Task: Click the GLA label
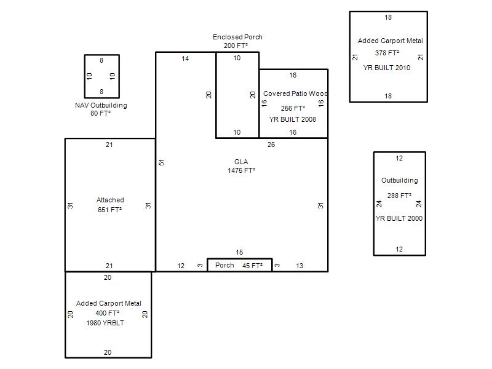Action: tap(241, 162)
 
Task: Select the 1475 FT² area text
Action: tap(241, 170)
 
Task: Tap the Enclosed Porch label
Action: tap(237, 37)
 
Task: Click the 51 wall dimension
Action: tap(161, 162)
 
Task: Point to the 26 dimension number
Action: tap(271, 145)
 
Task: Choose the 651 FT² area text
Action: tap(109, 210)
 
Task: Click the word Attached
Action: tap(110, 200)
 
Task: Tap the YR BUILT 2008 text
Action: tap(293, 119)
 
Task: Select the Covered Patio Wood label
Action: tap(295, 93)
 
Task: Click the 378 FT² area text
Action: tap(387, 53)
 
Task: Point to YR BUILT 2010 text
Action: tap(387, 68)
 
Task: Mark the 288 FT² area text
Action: tap(399, 196)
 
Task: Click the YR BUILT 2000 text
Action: tap(399, 218)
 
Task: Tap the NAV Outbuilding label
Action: tap(101, 105)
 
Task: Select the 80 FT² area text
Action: tap(100, 113)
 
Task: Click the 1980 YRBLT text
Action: tap(105, 323)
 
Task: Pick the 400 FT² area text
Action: tap(107, 313)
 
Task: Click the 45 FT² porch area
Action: tap(252, 266)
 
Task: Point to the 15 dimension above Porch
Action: tap(239, 252)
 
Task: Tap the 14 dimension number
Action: tap(185, 58)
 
